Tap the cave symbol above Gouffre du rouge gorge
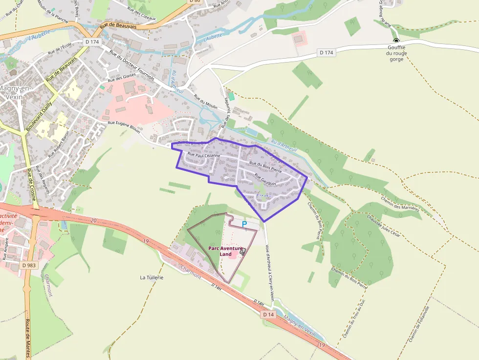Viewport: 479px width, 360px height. (396, 41)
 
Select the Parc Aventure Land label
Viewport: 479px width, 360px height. (226, 251)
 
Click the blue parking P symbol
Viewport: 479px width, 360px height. (244, 224)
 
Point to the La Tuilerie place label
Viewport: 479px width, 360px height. (152, 277)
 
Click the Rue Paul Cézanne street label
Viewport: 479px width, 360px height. (205, 155)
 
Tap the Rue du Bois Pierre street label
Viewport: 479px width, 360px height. (265, 166)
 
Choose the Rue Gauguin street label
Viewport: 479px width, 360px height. (265, 180)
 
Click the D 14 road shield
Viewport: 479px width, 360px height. (268, 315)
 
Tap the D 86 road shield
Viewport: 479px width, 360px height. (195, 1)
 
